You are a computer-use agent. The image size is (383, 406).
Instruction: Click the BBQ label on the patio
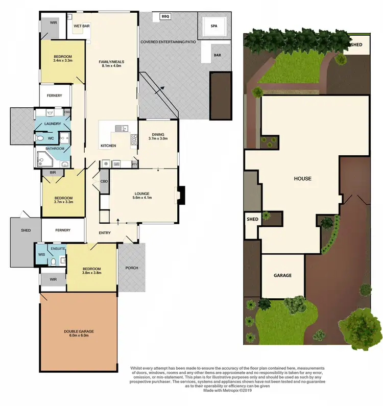pyautogui.click(x=164, y=17)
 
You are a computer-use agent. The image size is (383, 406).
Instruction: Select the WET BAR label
pyautogui.click(x=82, y=26)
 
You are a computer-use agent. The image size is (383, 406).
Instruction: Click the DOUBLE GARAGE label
pyautogui.click(x=79, y=331)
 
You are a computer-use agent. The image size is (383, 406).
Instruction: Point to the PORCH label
pyautogui.click(x=132, y=268)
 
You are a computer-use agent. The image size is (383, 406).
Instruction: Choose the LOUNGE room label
pyautogui.click(x=142, y=194)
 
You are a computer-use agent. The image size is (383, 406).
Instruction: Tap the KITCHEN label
pyautogui.click(x=108, y=146)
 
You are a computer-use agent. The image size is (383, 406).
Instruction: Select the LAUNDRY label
pyautogui.click(x=53, y=124)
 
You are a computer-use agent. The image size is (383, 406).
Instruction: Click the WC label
pyautogui.click(x=51, y=137)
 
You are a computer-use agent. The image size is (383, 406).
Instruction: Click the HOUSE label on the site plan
pyautogui.click(x=302, y=179)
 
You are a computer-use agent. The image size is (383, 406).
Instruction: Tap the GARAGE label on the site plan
pyautogui.click(x=282, y=275)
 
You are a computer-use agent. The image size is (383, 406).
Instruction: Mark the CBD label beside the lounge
pyautogui.click(x=104, y=181)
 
